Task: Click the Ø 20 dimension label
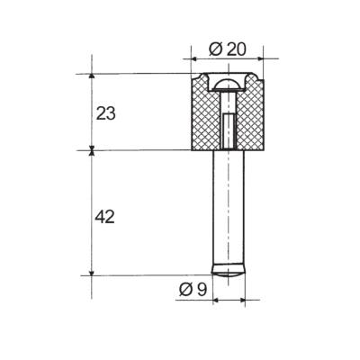click(x=228, y=49)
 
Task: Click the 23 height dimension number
click(x=105, y=114)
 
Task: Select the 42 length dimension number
click(x=104, y=217)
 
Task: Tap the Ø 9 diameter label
click(x=193, y=290)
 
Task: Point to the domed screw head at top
click(x=229, y=85)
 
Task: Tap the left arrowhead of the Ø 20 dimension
click(x=193, y=58)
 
